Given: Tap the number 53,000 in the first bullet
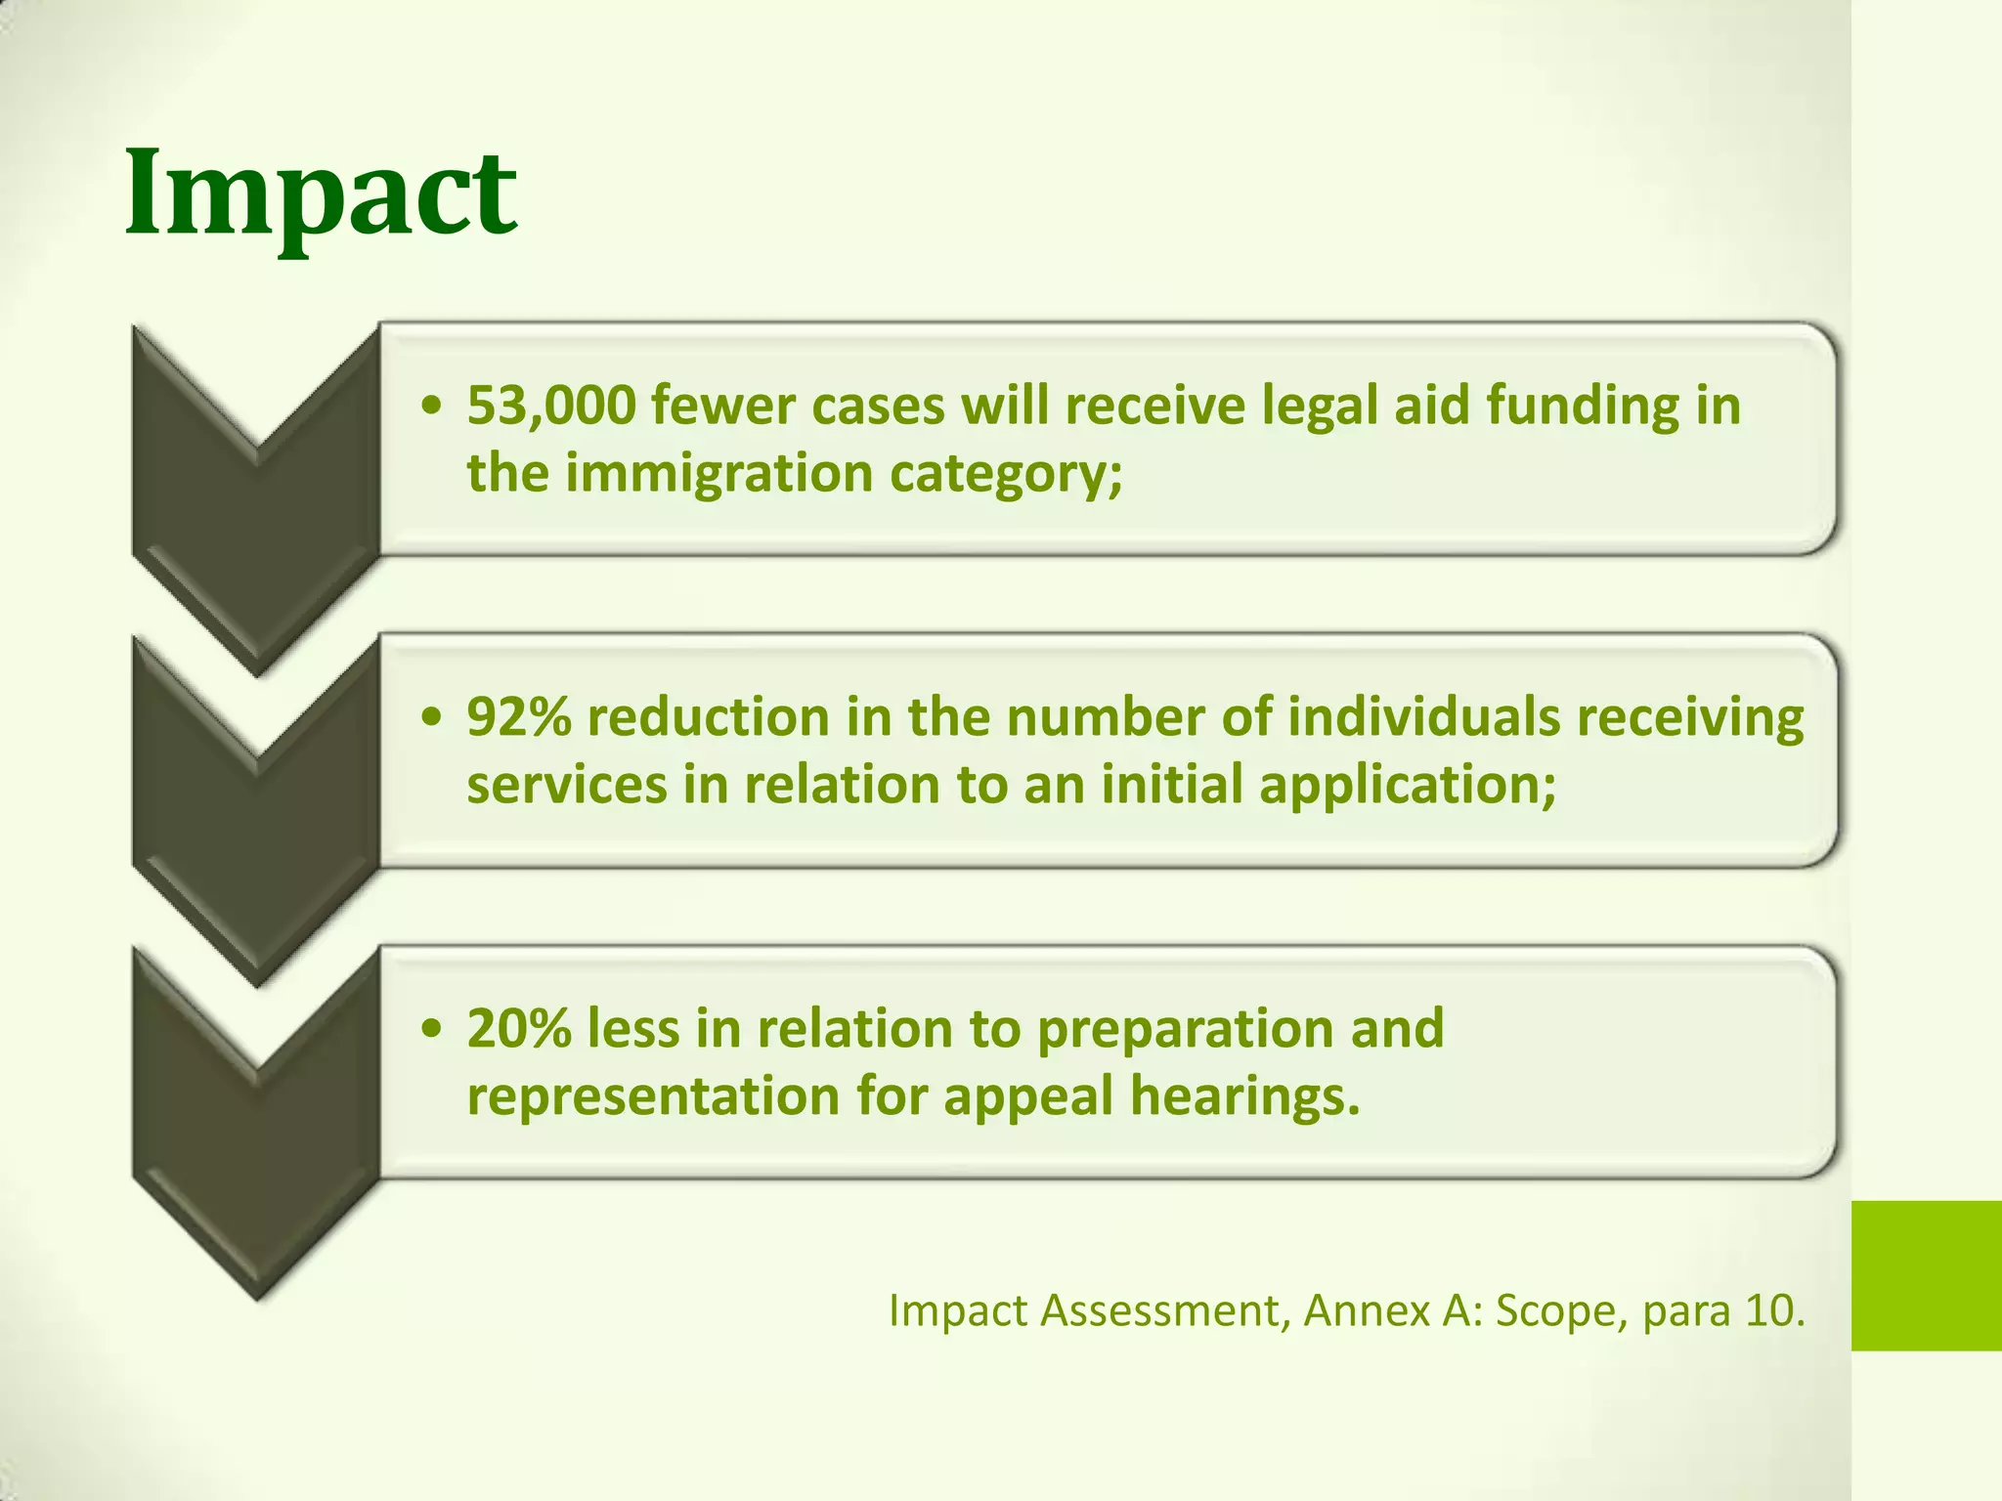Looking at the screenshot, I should (551, 406).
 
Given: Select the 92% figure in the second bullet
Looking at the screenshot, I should (519, 717).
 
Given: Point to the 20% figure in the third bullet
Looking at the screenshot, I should (519, 1029).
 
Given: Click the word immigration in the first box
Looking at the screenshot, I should (718, 474).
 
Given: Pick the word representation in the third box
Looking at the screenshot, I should (653, 1097).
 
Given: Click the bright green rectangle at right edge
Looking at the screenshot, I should (1926, 1275).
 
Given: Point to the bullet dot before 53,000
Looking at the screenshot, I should (432, 406).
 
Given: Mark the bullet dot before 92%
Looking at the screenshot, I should (432, 717).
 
